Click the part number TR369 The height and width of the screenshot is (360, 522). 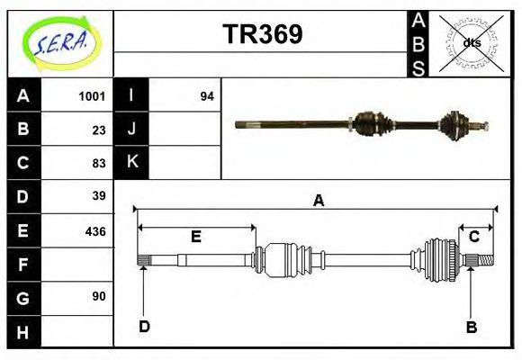262,34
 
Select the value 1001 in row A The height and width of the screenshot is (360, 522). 92,95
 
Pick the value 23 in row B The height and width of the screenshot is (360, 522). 99,129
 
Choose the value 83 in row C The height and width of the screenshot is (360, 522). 99,163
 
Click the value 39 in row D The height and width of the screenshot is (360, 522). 99,196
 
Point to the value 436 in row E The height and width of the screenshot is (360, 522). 95,230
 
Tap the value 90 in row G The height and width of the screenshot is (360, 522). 99,296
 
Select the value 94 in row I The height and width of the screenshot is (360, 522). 206,95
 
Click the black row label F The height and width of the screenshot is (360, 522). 23,264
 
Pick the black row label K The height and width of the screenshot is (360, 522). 132,163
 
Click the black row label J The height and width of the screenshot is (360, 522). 132,129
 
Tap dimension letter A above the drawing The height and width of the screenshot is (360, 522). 318,202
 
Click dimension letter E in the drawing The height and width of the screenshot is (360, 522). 195,238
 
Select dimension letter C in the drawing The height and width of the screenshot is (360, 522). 472,238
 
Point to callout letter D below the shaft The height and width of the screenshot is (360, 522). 144,326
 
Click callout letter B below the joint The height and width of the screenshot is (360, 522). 471,327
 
